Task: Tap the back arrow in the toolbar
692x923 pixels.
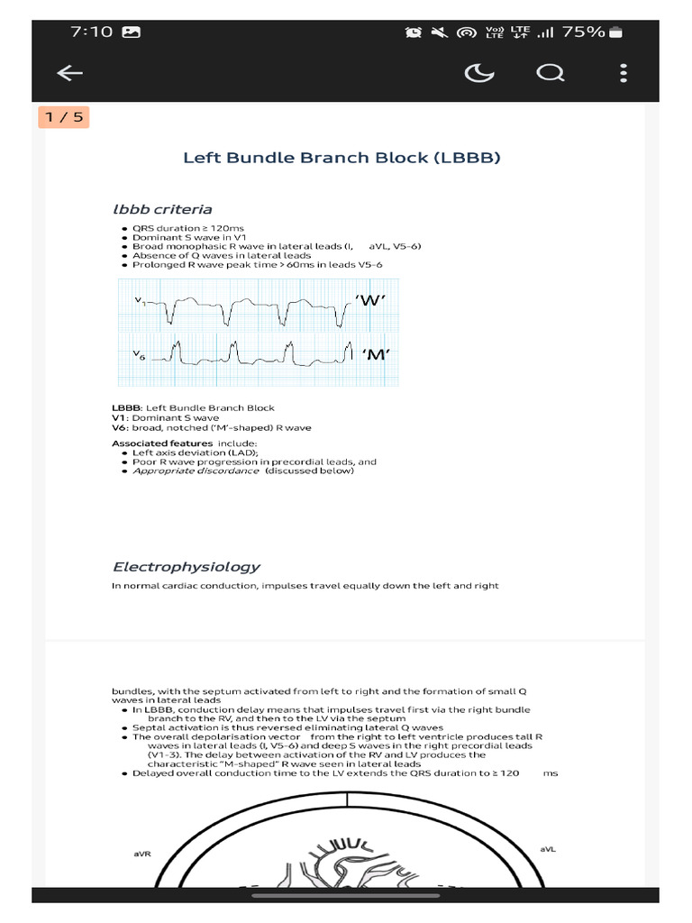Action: tap(69, 74)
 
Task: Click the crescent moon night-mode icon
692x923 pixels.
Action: tap(478, 73)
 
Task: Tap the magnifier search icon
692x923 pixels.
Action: tap(550, 73)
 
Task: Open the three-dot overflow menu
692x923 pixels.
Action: tap(624, 73)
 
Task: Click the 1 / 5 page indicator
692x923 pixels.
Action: tap(64, 117)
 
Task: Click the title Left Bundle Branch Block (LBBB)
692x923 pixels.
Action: tap(341, 158)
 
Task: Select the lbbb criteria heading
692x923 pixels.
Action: tap(162, 210)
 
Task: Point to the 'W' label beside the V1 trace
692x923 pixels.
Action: tap(371, 300)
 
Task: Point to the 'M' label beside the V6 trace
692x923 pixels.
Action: tap(376, 354)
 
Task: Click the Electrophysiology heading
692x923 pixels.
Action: tap(186, 567)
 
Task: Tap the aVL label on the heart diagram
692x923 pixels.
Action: tap(548, 849)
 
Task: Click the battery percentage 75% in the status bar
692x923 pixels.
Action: tap(584, 32)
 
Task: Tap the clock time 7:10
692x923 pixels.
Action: tap(91, 32)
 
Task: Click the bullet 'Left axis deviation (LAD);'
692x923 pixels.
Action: tap(195, 452)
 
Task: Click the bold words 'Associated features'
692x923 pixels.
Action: tap(162, 443)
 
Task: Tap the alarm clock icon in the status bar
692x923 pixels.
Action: tap(414, 32)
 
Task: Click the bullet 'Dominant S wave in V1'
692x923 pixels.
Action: tap(178, 238)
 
